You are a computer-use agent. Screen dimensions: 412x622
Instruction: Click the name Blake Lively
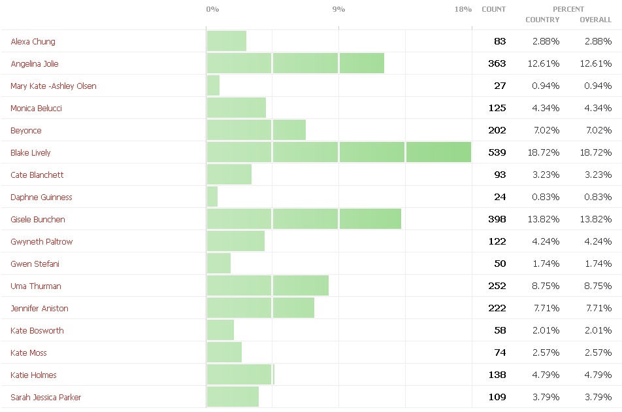(31, 153)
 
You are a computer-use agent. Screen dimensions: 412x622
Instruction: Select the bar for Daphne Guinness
(212, 197)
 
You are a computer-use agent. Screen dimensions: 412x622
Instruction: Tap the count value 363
(497, 64)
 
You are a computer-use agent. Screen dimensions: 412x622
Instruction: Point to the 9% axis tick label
(338, 9)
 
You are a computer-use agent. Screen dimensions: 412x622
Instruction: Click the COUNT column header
(493, 9)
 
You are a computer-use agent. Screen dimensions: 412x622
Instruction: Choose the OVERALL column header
(595, 20)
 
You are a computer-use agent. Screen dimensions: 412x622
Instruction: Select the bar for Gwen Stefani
(219, 264)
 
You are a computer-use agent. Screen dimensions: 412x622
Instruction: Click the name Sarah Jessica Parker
(46, 398)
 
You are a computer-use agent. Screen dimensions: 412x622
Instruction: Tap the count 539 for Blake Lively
(497, 153)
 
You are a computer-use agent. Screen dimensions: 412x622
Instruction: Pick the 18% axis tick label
(463, 9)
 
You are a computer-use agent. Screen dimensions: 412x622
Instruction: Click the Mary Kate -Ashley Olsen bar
(214, 86)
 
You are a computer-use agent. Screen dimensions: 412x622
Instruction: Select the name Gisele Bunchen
(38, 220)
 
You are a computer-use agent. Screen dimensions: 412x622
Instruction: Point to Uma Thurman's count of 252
(497, 286)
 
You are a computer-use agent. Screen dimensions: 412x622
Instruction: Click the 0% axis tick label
(212, 9)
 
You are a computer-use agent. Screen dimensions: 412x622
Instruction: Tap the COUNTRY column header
(542, 20)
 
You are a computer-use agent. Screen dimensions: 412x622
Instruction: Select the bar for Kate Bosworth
(220, 330)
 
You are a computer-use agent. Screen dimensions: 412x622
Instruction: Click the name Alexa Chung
(33, 42)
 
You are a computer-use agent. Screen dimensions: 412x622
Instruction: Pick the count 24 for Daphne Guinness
(500, 197)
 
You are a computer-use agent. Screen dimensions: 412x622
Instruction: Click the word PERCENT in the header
(568, 9)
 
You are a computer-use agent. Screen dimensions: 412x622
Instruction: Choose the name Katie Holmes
(33, 375)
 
